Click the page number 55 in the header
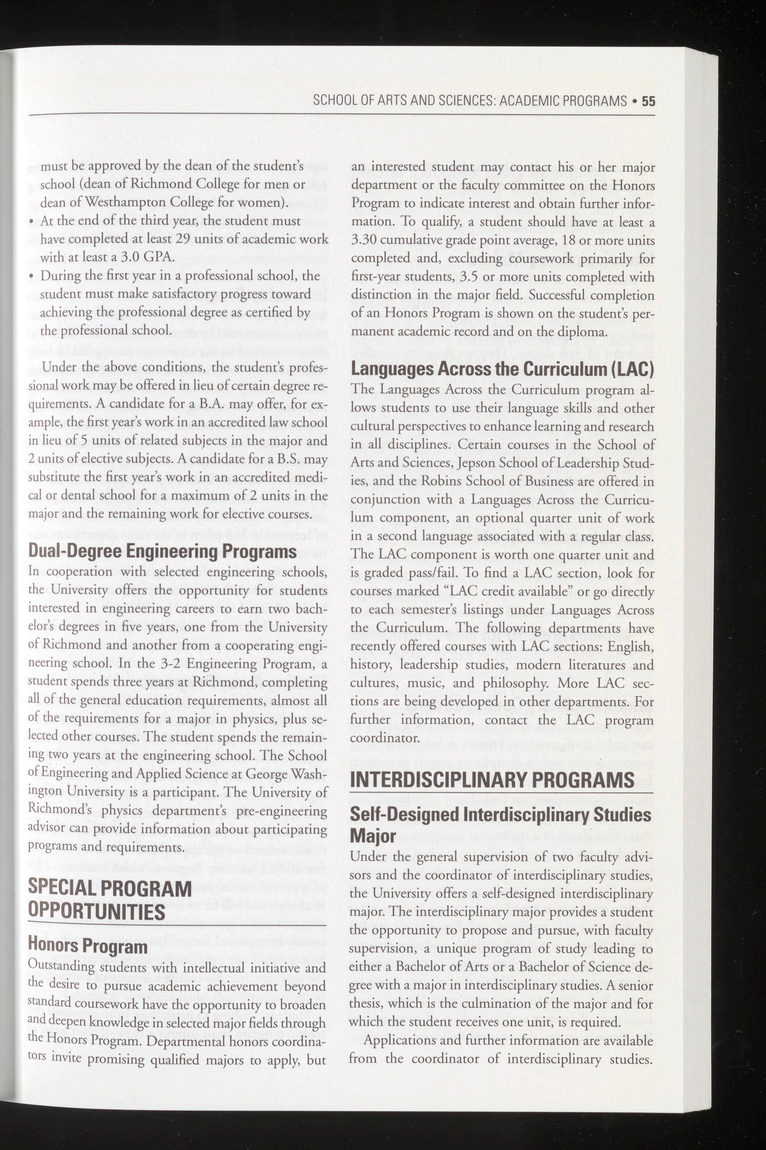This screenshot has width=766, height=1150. [x=648, y=101]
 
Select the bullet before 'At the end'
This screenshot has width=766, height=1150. [x=32, y=221]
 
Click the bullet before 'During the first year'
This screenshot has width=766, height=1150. [x=32, y=277]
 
